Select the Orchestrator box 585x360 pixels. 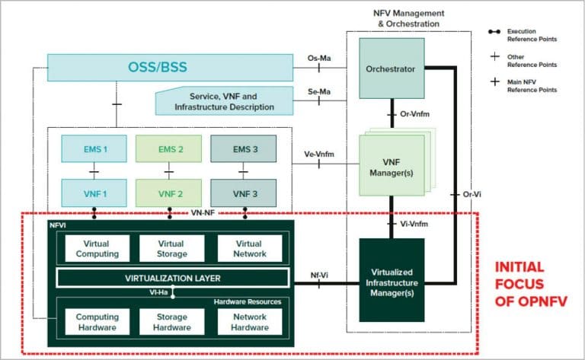click(x=391, y=69)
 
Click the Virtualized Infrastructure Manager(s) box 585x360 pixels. click(x=391, y=279)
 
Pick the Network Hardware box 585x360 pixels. click(x=248, y=322)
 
